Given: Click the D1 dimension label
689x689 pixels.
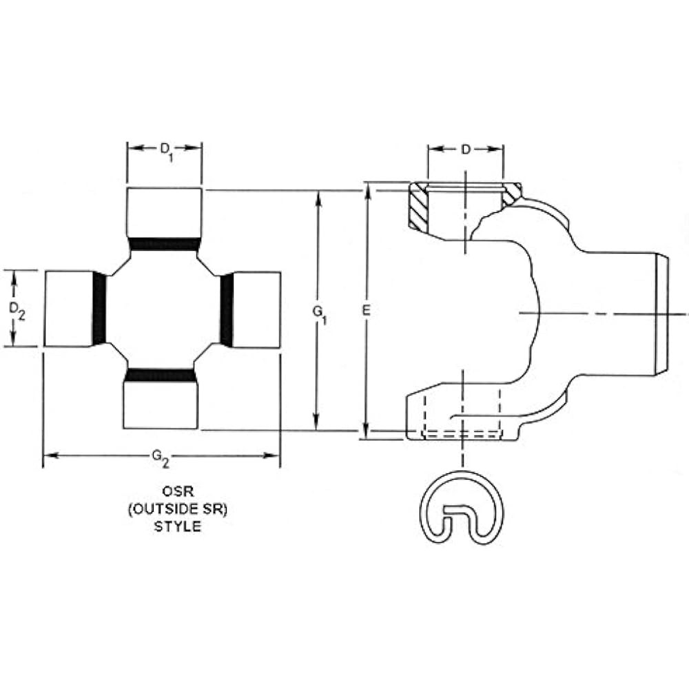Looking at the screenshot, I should click(x=165, y=149).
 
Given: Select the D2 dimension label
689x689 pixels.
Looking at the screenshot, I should click(x=18, y=311).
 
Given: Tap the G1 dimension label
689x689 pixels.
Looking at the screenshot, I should click(x=319, y=313).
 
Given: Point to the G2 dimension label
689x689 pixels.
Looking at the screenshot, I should click(x=161, y=455).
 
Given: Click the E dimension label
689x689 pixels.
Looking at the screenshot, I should click(x=367, y=311).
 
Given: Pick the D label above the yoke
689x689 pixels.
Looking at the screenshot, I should click(x=466, y=150).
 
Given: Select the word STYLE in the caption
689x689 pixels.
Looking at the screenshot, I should click(x=163, y=527).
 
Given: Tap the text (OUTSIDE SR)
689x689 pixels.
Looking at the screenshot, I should click(x=163, y=511).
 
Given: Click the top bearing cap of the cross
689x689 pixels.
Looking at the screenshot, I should click(x=164, y=212).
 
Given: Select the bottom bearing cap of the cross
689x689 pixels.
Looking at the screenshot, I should click(x=161, y=406).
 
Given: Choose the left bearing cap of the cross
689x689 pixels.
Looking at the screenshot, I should click(x=68, y=309).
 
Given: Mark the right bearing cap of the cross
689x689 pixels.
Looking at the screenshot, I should click(x=256, y=309).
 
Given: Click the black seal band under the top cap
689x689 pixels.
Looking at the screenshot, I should click(x=164, y=243).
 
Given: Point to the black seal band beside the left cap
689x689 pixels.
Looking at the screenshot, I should click(x=100, y=309).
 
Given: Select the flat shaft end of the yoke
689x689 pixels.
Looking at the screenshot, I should click(x=661, y=313).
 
